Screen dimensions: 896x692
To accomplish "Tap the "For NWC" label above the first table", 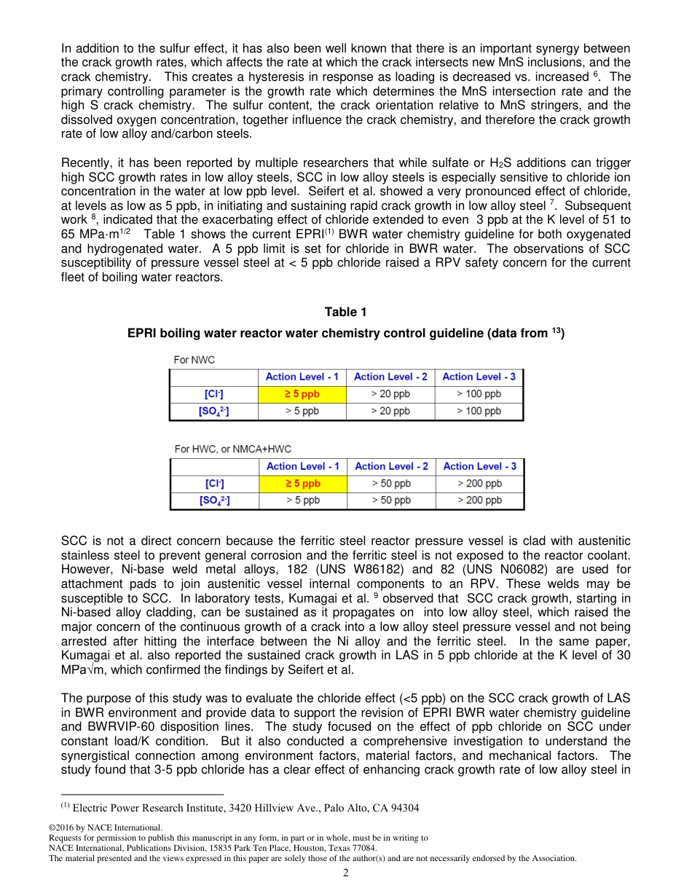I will (x=194, y=360).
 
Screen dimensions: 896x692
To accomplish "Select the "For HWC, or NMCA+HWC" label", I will (x=232, y=449).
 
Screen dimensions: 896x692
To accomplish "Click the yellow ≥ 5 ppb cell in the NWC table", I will (x=302, y=394).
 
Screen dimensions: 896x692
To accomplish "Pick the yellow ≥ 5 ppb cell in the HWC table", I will (x=302, y=484).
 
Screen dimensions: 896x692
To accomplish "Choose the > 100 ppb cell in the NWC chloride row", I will (x=479, y=394).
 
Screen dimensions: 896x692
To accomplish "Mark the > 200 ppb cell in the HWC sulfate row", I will (x=479, y=500).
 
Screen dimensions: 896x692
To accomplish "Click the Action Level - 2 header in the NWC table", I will (x=390, y=377).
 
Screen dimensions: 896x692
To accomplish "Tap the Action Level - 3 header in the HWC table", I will (x=479, y=466).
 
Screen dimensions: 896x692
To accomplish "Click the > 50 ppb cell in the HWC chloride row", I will (x=391, y=484).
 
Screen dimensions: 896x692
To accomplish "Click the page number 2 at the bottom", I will (x=346, y=873).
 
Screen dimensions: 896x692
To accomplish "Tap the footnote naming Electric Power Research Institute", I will (x=240, y=808).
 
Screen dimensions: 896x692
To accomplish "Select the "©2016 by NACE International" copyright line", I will (x=105, y=828).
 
